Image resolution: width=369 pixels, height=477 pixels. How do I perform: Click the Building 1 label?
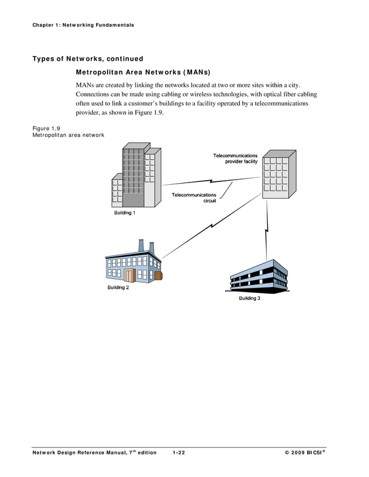tap(124, 213)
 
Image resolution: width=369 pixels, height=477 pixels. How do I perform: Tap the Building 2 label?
tap(118, 287)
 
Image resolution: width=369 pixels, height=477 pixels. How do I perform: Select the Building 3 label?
tap(249, 298)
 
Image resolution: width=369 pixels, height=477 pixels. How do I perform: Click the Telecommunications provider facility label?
tap(235, 159)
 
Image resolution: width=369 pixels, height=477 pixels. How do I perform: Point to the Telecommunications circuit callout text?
tap(194, 198)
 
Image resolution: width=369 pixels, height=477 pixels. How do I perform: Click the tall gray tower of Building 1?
tap(133, 176)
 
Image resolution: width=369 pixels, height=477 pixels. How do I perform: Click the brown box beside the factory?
tap(158, 275)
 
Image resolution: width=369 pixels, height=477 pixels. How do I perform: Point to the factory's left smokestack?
tap(141, 245)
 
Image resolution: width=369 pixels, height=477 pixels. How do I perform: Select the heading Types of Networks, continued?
tap(87, 59)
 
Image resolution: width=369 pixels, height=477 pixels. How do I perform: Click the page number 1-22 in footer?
tap(179, 453)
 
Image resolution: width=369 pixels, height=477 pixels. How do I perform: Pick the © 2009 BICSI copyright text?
tap(311, 453)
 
